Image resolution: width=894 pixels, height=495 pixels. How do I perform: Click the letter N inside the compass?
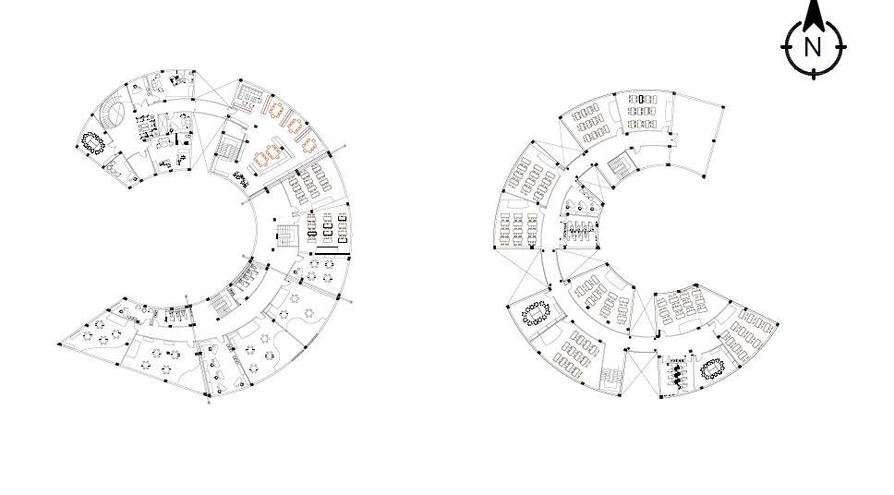tap(813, 47)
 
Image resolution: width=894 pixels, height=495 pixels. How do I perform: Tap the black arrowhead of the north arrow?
tap(813, 15)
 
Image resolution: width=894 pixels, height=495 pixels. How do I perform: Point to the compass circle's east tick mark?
tap(843, 47)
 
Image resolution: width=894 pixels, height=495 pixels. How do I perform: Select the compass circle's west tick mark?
tap(784, 47)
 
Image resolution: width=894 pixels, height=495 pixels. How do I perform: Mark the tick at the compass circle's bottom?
tap(813, 75)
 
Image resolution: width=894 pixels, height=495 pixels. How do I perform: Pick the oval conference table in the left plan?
tap(91, 142)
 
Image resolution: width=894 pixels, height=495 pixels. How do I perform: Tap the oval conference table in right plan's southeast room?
tap(712, 368)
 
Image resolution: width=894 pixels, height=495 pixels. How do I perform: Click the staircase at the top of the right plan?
tap(618, 166)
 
